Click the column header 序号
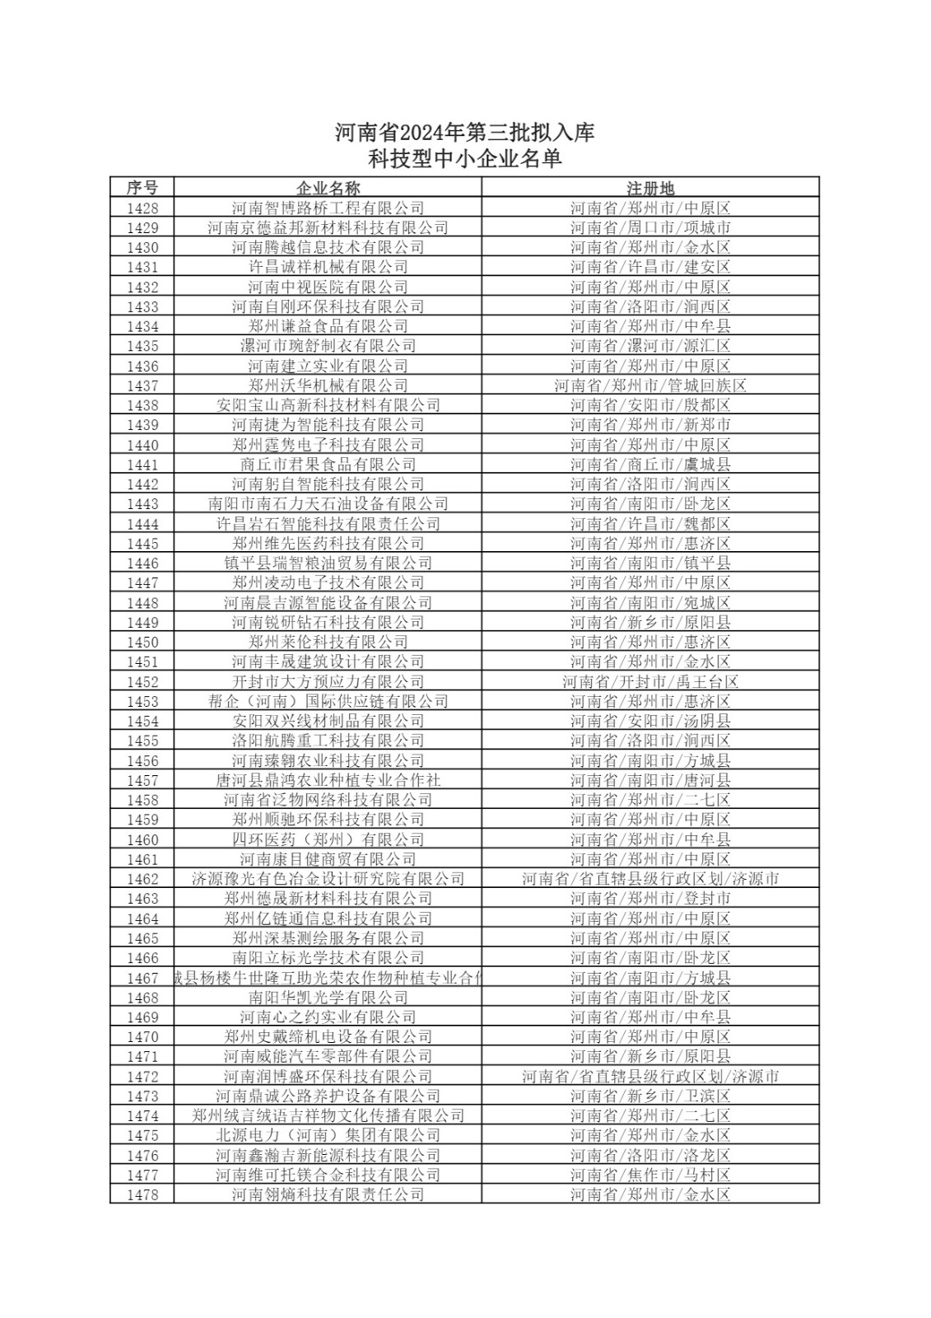[x=142, y=187]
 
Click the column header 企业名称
[x=328, y=187]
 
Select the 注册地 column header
[x=650, y=187]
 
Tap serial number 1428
[x=142, y=208]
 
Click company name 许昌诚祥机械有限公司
[x=328, y=267]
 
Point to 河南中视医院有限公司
[x=328, y=287]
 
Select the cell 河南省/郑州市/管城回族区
[x=650, y=386]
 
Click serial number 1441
[x=142, y=465]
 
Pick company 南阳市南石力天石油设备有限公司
[x=328, y=504]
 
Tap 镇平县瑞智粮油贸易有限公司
[x=328, y=563]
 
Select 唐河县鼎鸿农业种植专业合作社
[x=328, y=780]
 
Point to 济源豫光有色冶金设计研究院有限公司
[x=328, y=879]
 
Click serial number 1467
[x=142, y=978]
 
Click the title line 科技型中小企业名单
[x=465, y=159]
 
